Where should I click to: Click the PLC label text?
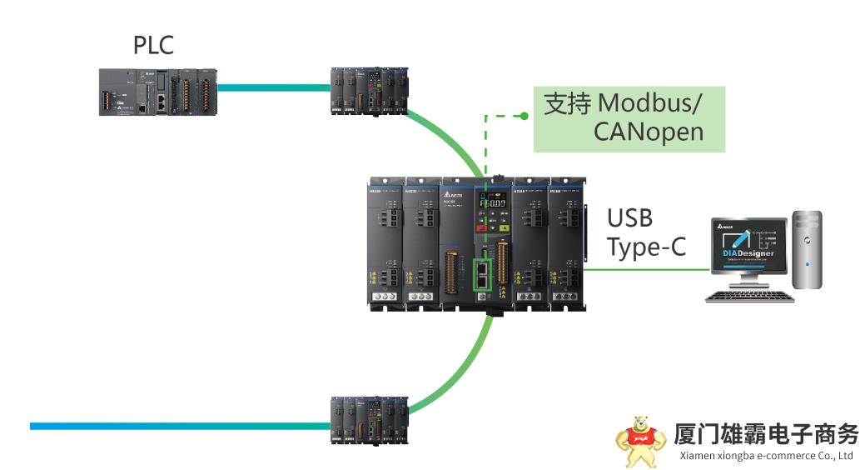click(153, 44)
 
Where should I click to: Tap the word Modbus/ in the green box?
click(649, 103)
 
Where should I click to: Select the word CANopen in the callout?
click(648, 132)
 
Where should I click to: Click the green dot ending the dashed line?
click(524, 116)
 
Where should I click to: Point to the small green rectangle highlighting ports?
click(483, 274)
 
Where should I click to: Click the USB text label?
click(629, 218)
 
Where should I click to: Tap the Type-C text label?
click(646, 247)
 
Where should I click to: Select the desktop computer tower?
click(807, 250)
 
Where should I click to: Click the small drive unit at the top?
click(369, 89)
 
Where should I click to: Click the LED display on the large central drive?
click(490, 202)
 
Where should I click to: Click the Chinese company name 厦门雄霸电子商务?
click(765, 435)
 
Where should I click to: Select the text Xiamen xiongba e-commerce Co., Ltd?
click(767, 456)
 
